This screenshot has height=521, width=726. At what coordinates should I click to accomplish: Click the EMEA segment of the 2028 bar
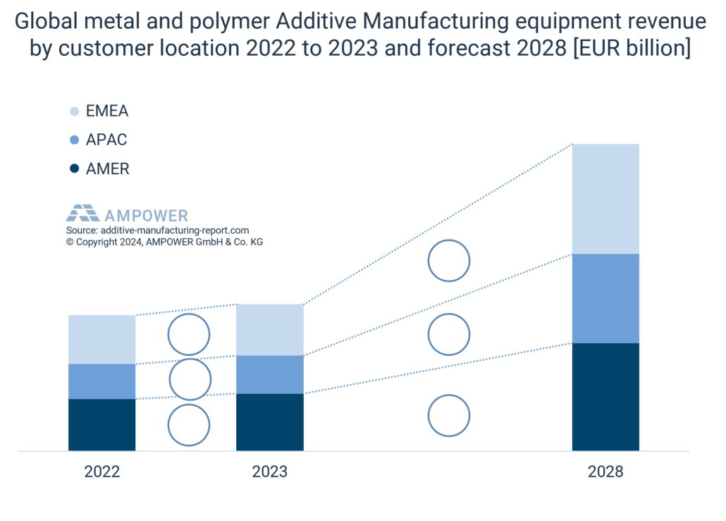pos(605,198)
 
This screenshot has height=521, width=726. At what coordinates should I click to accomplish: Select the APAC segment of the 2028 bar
pos(605,298)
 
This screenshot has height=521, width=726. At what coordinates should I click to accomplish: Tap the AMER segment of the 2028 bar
pos(605,396)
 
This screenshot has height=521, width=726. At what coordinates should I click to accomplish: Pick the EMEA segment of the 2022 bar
pos(101,339)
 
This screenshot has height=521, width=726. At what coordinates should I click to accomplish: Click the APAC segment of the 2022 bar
pos(101,381)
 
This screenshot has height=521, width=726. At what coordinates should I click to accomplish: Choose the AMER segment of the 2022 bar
pos(101,424)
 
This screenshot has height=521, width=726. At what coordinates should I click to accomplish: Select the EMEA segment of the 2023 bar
pos(269,329)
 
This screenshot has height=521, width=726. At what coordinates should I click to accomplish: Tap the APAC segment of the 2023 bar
pos(269,374)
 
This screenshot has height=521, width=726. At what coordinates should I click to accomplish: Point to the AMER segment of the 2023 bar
pos(269,422)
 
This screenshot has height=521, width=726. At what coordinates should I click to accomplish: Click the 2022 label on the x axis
pos(102,472)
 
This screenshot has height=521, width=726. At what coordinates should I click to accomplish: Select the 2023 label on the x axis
pos(269,472)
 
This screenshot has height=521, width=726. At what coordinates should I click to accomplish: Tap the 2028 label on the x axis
pos(605,472)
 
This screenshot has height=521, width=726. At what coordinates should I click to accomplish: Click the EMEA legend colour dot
pos(75,111)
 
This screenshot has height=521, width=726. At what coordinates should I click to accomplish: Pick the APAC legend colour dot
pos(75,140)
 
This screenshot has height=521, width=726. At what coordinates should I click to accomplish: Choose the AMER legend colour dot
pos(75,169)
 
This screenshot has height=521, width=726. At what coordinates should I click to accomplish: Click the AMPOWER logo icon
pos(82,214)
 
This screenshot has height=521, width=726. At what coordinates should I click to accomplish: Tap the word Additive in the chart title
pos(317,23)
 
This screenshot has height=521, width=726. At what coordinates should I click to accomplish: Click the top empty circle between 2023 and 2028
pos(449,260)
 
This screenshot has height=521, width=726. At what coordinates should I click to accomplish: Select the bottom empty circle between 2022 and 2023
pos(189,425)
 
